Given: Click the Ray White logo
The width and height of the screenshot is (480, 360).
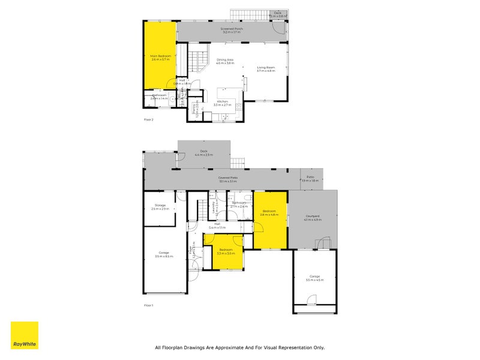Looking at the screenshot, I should click(24, 335).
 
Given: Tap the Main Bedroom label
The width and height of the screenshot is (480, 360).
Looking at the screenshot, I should click(160, 58).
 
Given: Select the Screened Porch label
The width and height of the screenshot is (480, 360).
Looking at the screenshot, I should click(231, 31).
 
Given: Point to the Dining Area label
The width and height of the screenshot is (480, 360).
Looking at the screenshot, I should click(225, 61).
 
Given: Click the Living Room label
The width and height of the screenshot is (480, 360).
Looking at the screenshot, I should click(266, 69).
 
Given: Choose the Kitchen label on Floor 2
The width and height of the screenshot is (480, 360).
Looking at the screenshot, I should click(222, 103).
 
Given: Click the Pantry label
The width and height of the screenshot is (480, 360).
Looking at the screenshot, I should click(194, 109).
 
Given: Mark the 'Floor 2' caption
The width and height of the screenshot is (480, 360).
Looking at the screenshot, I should click(149, 120).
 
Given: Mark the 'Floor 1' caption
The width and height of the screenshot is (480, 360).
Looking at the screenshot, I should click(149, 305).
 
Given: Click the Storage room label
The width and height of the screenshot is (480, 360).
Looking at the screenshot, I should click(160, 207).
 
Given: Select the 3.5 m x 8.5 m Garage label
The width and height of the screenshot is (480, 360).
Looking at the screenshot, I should click(164, 254).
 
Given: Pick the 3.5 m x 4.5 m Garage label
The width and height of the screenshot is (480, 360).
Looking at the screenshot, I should click(314, 278).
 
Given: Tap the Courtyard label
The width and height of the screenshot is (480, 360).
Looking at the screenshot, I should click(313, 218).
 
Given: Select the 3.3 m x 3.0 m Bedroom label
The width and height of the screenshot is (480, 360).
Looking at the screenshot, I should click(226, 251).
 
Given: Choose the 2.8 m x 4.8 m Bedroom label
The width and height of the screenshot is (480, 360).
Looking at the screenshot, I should click(269, 213).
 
